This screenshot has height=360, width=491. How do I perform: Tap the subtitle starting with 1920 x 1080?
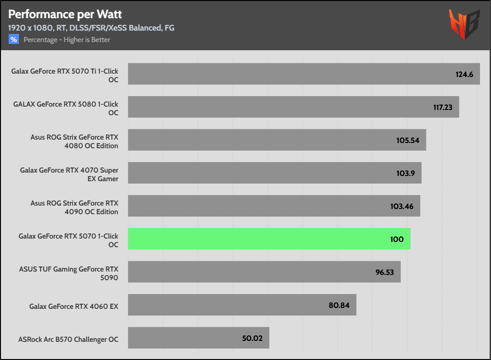(91, 28)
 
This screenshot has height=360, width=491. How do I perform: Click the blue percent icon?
(13, 40)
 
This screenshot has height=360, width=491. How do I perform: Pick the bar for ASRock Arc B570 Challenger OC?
(198, 338)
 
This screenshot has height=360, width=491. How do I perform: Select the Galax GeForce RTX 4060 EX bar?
(242, 305)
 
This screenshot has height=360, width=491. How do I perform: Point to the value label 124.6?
(464, 74)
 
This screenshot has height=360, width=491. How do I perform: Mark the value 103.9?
(405, 173)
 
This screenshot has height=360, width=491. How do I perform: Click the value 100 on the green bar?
(396, 239)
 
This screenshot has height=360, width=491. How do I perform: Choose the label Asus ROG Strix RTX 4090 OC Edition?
(74, 207)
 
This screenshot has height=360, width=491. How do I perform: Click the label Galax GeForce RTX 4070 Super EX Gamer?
(69, 175)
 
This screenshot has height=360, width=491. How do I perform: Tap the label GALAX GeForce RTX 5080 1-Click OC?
(65, 109)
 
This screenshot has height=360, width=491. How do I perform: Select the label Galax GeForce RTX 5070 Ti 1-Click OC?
(65, 76)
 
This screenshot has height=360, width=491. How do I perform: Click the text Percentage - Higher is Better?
(67, 40)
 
